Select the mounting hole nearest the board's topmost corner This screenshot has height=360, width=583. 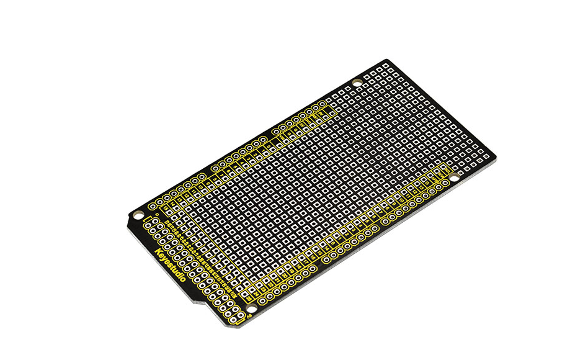pos(357,83)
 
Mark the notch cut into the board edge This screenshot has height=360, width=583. pos(200,302)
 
